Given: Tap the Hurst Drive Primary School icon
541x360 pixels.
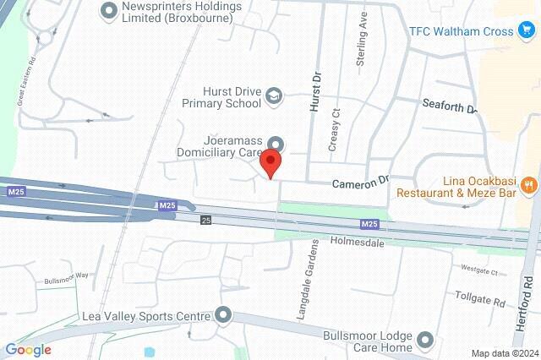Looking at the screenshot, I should click(273, 97).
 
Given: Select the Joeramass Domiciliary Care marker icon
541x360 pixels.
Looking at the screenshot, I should click(274, 144).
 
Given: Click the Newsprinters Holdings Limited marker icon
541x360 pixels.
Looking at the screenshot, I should click(107, 11).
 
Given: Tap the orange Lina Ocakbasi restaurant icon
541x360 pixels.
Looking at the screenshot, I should click(527, 183).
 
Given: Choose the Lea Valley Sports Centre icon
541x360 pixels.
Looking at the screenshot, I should click(223, 316).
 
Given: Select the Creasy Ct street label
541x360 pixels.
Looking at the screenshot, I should click(334, 129).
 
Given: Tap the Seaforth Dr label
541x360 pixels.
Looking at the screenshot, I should click(449, 106).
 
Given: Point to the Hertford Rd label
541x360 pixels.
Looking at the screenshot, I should click(527, 297).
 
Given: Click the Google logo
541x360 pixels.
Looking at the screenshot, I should click(28, 350).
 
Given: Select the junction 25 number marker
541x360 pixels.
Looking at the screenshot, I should click(205, 220).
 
